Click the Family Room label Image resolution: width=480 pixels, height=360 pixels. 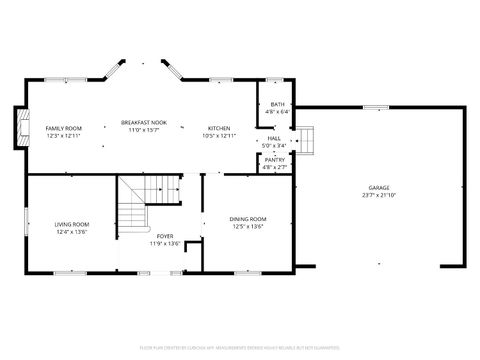[x=63, y=128]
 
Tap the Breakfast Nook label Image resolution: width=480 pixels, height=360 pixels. [x=144, y=122]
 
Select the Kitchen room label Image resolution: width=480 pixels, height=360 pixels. [x=220, y=128]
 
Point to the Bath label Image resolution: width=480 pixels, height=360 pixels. [x=277, y=104]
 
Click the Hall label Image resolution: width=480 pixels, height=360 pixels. [x=274, y=138]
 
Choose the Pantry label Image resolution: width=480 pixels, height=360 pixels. [x=275, y=159]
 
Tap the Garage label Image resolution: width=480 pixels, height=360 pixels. [x=379, y=187]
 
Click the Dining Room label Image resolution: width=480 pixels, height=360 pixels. [x=248, y=218]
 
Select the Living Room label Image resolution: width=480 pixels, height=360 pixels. [x=71, y=224]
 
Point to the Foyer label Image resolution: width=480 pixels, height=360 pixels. [x=165, y=236]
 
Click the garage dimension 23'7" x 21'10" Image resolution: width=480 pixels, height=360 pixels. [x=379, y=195]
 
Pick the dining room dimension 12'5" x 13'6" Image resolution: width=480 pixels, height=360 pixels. [x=248, y=226]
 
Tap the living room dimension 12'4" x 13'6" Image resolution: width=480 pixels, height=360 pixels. [x=71, y=232]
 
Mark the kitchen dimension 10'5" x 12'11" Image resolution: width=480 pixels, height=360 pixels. [x=220, y=136]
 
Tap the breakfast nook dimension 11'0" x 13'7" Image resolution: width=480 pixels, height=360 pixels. [x=144, y=130]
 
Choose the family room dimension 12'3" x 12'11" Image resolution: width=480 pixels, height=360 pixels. [x=63, y=136]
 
